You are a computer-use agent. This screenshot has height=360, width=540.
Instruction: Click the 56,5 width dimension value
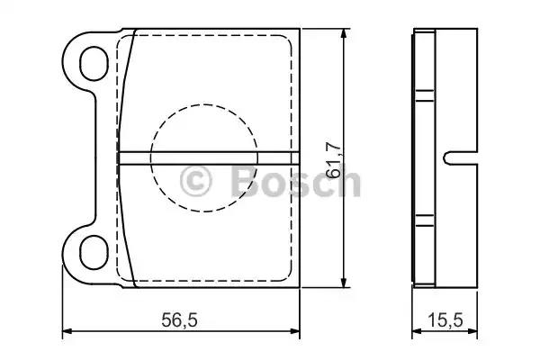pyautogui.click(x=179, y=320)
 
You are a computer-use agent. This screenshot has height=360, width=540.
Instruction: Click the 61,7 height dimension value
pyautogui.click(x=334, y=159)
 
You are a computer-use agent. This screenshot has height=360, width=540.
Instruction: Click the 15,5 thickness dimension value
pyautogui.click(x=445, y=320)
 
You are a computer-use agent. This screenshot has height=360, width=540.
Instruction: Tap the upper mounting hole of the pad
pyautogui.click(x=94, y=63)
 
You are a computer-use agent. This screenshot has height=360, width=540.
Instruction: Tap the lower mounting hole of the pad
pyautogui.click(x=94, y=252)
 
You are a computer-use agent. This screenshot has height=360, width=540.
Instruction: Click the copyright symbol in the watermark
pyautogui.click(x=195, y=181)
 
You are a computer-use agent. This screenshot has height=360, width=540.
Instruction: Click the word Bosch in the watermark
pyautogui.click(x=295, y=181)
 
